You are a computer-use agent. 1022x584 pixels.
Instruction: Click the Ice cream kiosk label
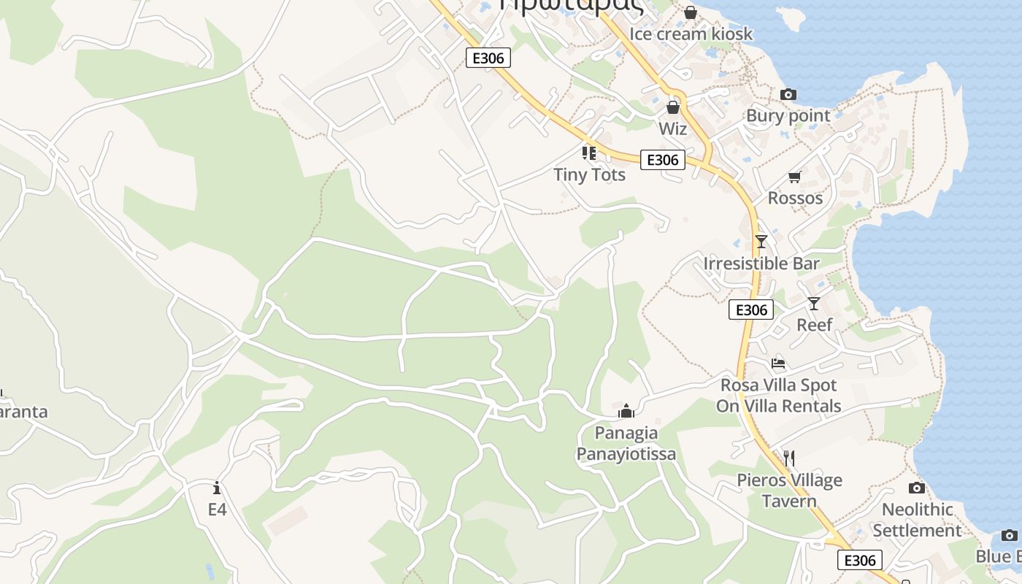(x=691, y=34)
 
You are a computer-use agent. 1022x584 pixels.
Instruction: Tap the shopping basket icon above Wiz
(x=673, y=107)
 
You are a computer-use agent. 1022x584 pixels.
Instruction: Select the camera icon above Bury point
(x=788, y=94)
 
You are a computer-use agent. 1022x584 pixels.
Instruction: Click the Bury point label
(x=788, y=115)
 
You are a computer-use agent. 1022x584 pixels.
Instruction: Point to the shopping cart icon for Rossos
(x=795, y=177)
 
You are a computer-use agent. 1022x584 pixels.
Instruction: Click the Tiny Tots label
(x=589, y=174)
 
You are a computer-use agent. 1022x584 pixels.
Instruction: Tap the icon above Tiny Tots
(x=589, y=153)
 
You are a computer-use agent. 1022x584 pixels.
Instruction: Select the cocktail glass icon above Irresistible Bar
(x=761, y=242)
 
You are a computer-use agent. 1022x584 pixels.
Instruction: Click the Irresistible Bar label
(x=761, y=263)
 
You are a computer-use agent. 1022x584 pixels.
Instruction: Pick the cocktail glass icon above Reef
(x=814, y=304)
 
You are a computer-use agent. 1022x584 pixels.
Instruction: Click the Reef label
(x=814, y=325)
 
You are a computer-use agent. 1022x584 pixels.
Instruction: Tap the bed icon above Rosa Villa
(x=778, y=364)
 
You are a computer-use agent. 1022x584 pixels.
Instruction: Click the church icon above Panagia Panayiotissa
(x=626, y=411)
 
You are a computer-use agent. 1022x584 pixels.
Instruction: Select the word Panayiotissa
(x=626, y=454)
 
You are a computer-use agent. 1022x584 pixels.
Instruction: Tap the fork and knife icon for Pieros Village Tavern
(x=788, y=458)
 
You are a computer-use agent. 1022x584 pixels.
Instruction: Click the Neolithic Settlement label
(x=918, y=520)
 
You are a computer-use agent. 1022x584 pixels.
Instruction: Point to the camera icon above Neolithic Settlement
(x=917, y=488)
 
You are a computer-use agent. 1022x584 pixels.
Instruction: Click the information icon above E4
(x=217, y=488)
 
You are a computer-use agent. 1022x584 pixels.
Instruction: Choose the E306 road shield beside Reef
(x=751, y=310)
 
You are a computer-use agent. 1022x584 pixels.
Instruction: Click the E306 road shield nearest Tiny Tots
(x=663, y=160)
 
